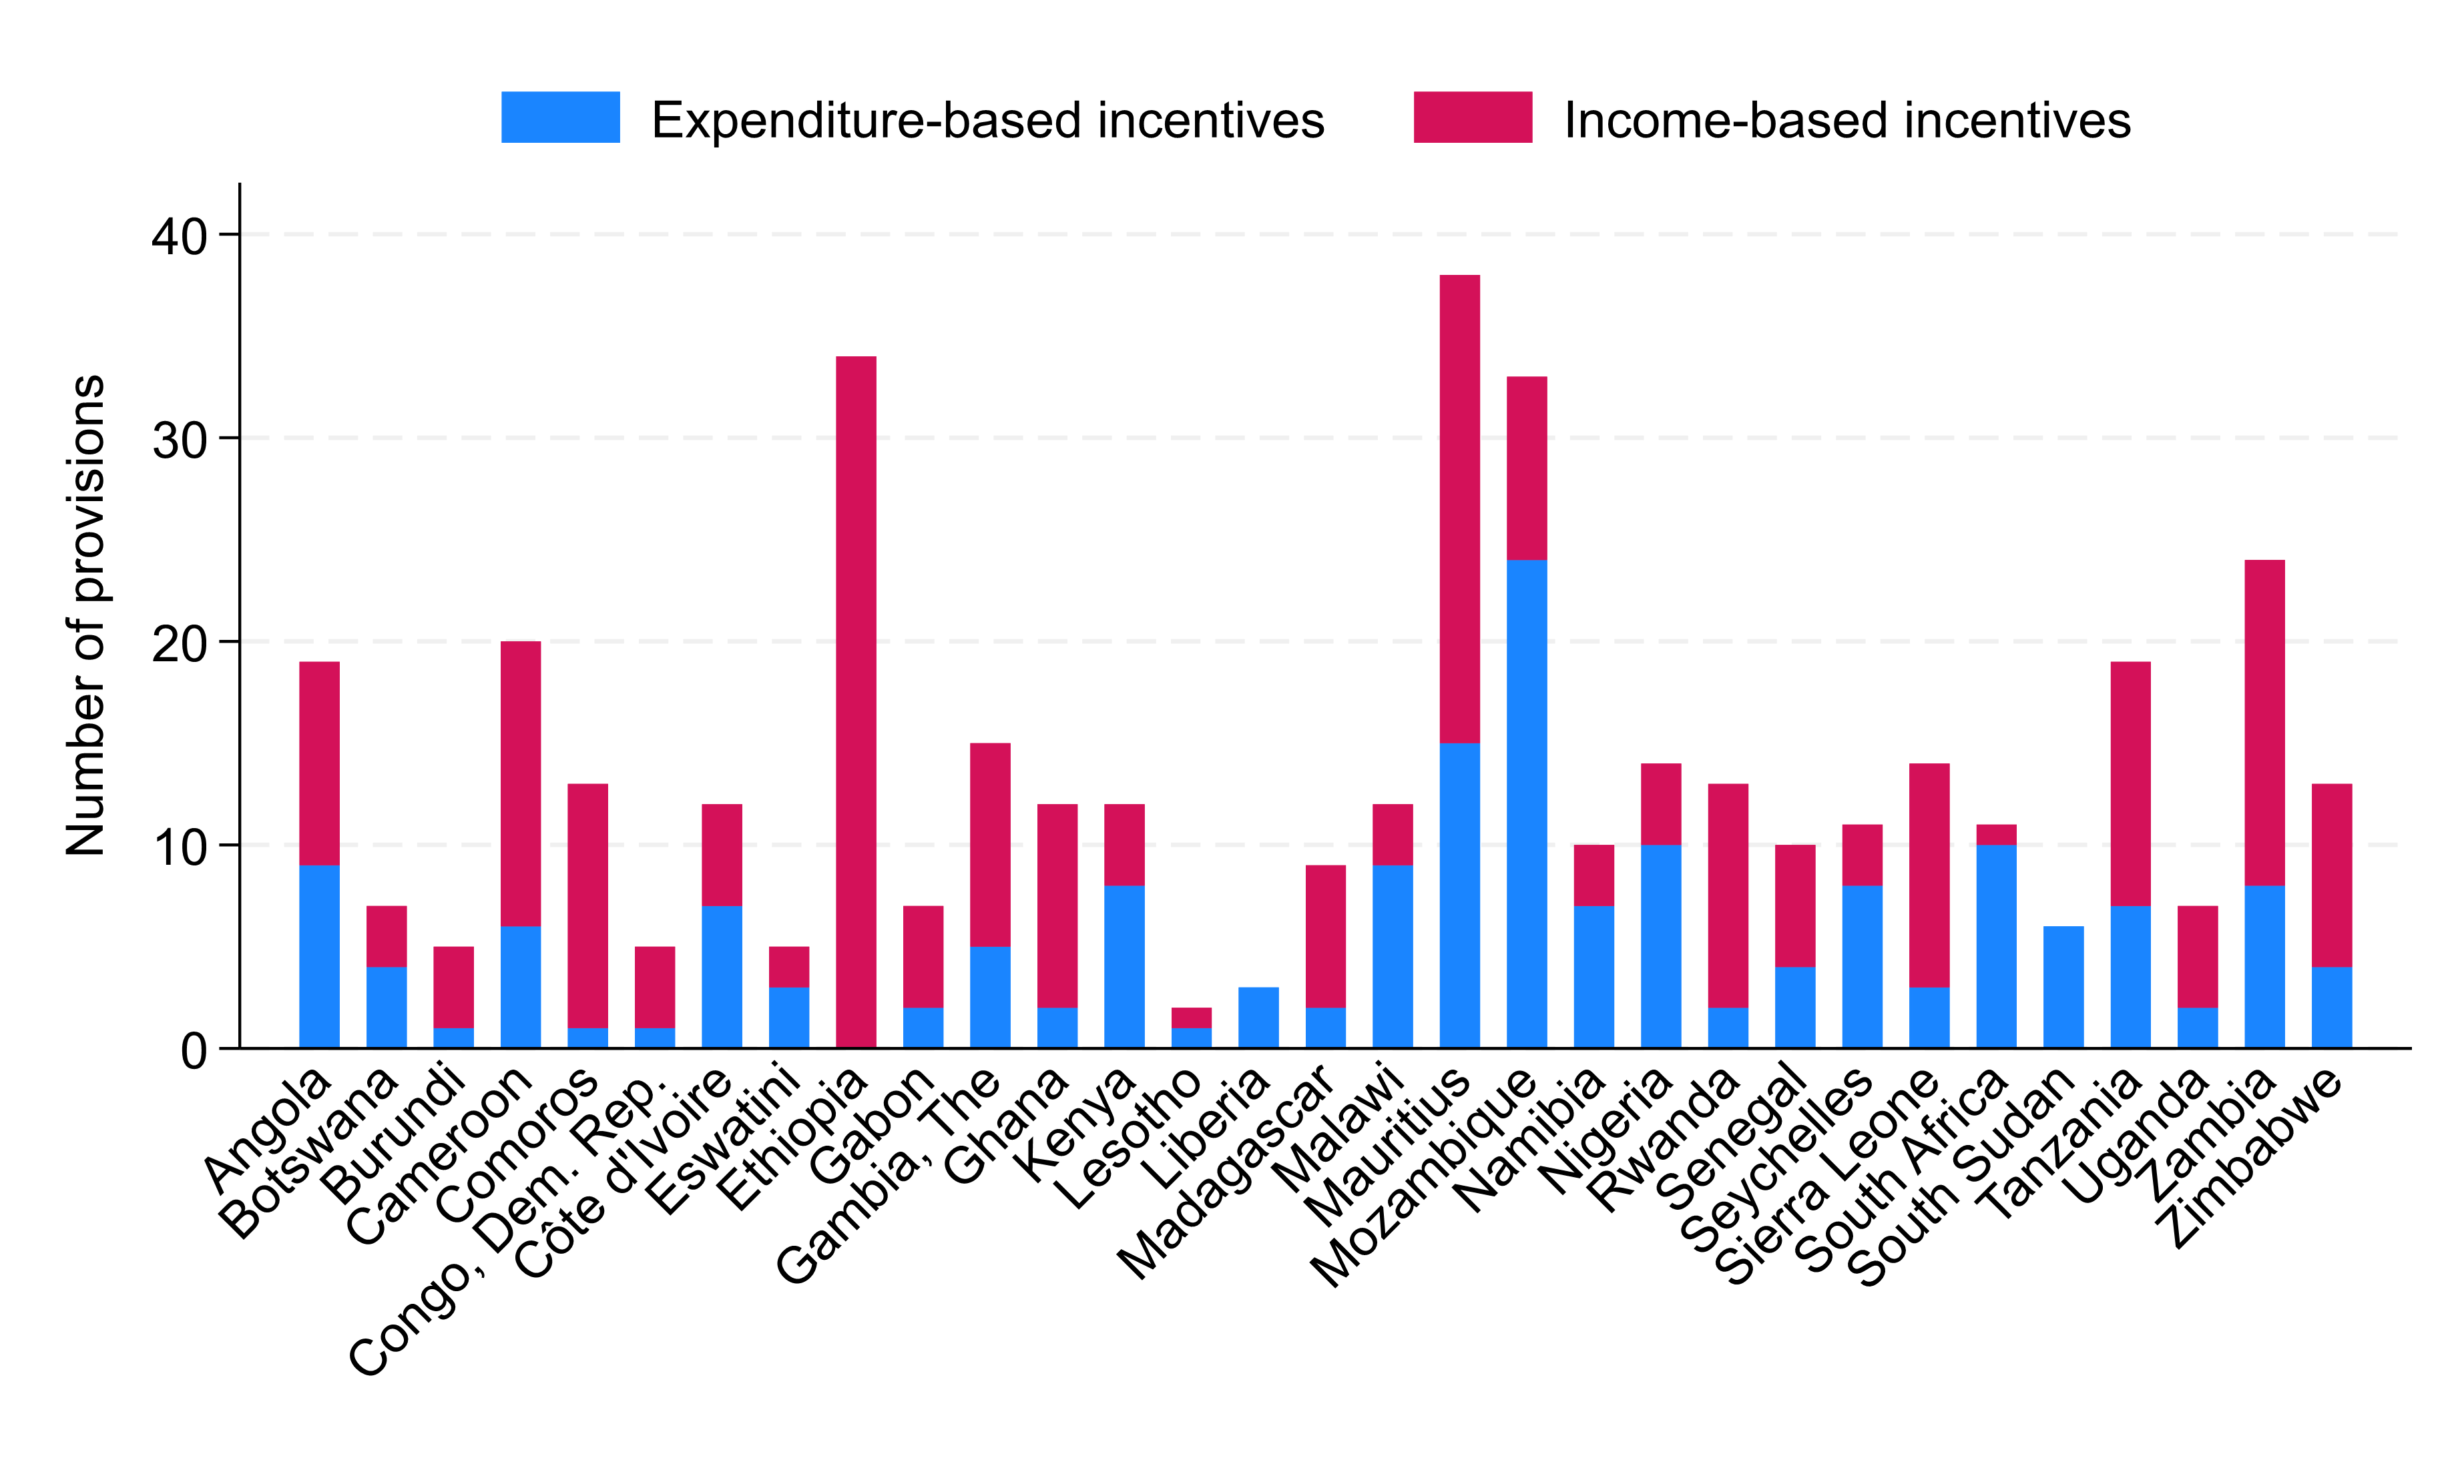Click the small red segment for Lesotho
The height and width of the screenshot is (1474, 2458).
1191,1017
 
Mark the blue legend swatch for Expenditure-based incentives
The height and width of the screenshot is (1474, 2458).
560,117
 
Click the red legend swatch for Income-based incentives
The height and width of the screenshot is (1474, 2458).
1473,117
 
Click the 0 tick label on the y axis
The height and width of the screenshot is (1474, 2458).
194,1050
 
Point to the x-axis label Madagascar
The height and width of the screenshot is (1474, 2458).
1226,1172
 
